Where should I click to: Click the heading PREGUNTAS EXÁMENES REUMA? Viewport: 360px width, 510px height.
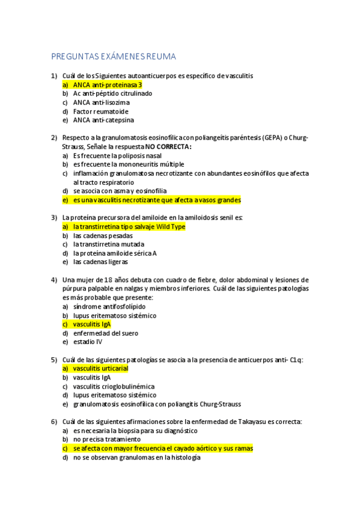(114, 57)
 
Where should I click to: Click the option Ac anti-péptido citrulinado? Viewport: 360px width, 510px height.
(112, 94)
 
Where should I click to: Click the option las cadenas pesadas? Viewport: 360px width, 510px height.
(103, 236)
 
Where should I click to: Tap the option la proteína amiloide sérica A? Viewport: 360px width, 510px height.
(115, 253)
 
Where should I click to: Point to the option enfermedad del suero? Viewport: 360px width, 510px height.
(105, 333)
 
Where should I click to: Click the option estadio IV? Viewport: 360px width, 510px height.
(88, 342)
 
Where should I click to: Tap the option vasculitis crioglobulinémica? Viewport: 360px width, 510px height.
(114, 386)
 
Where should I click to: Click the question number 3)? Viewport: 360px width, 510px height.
(54, 218)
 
